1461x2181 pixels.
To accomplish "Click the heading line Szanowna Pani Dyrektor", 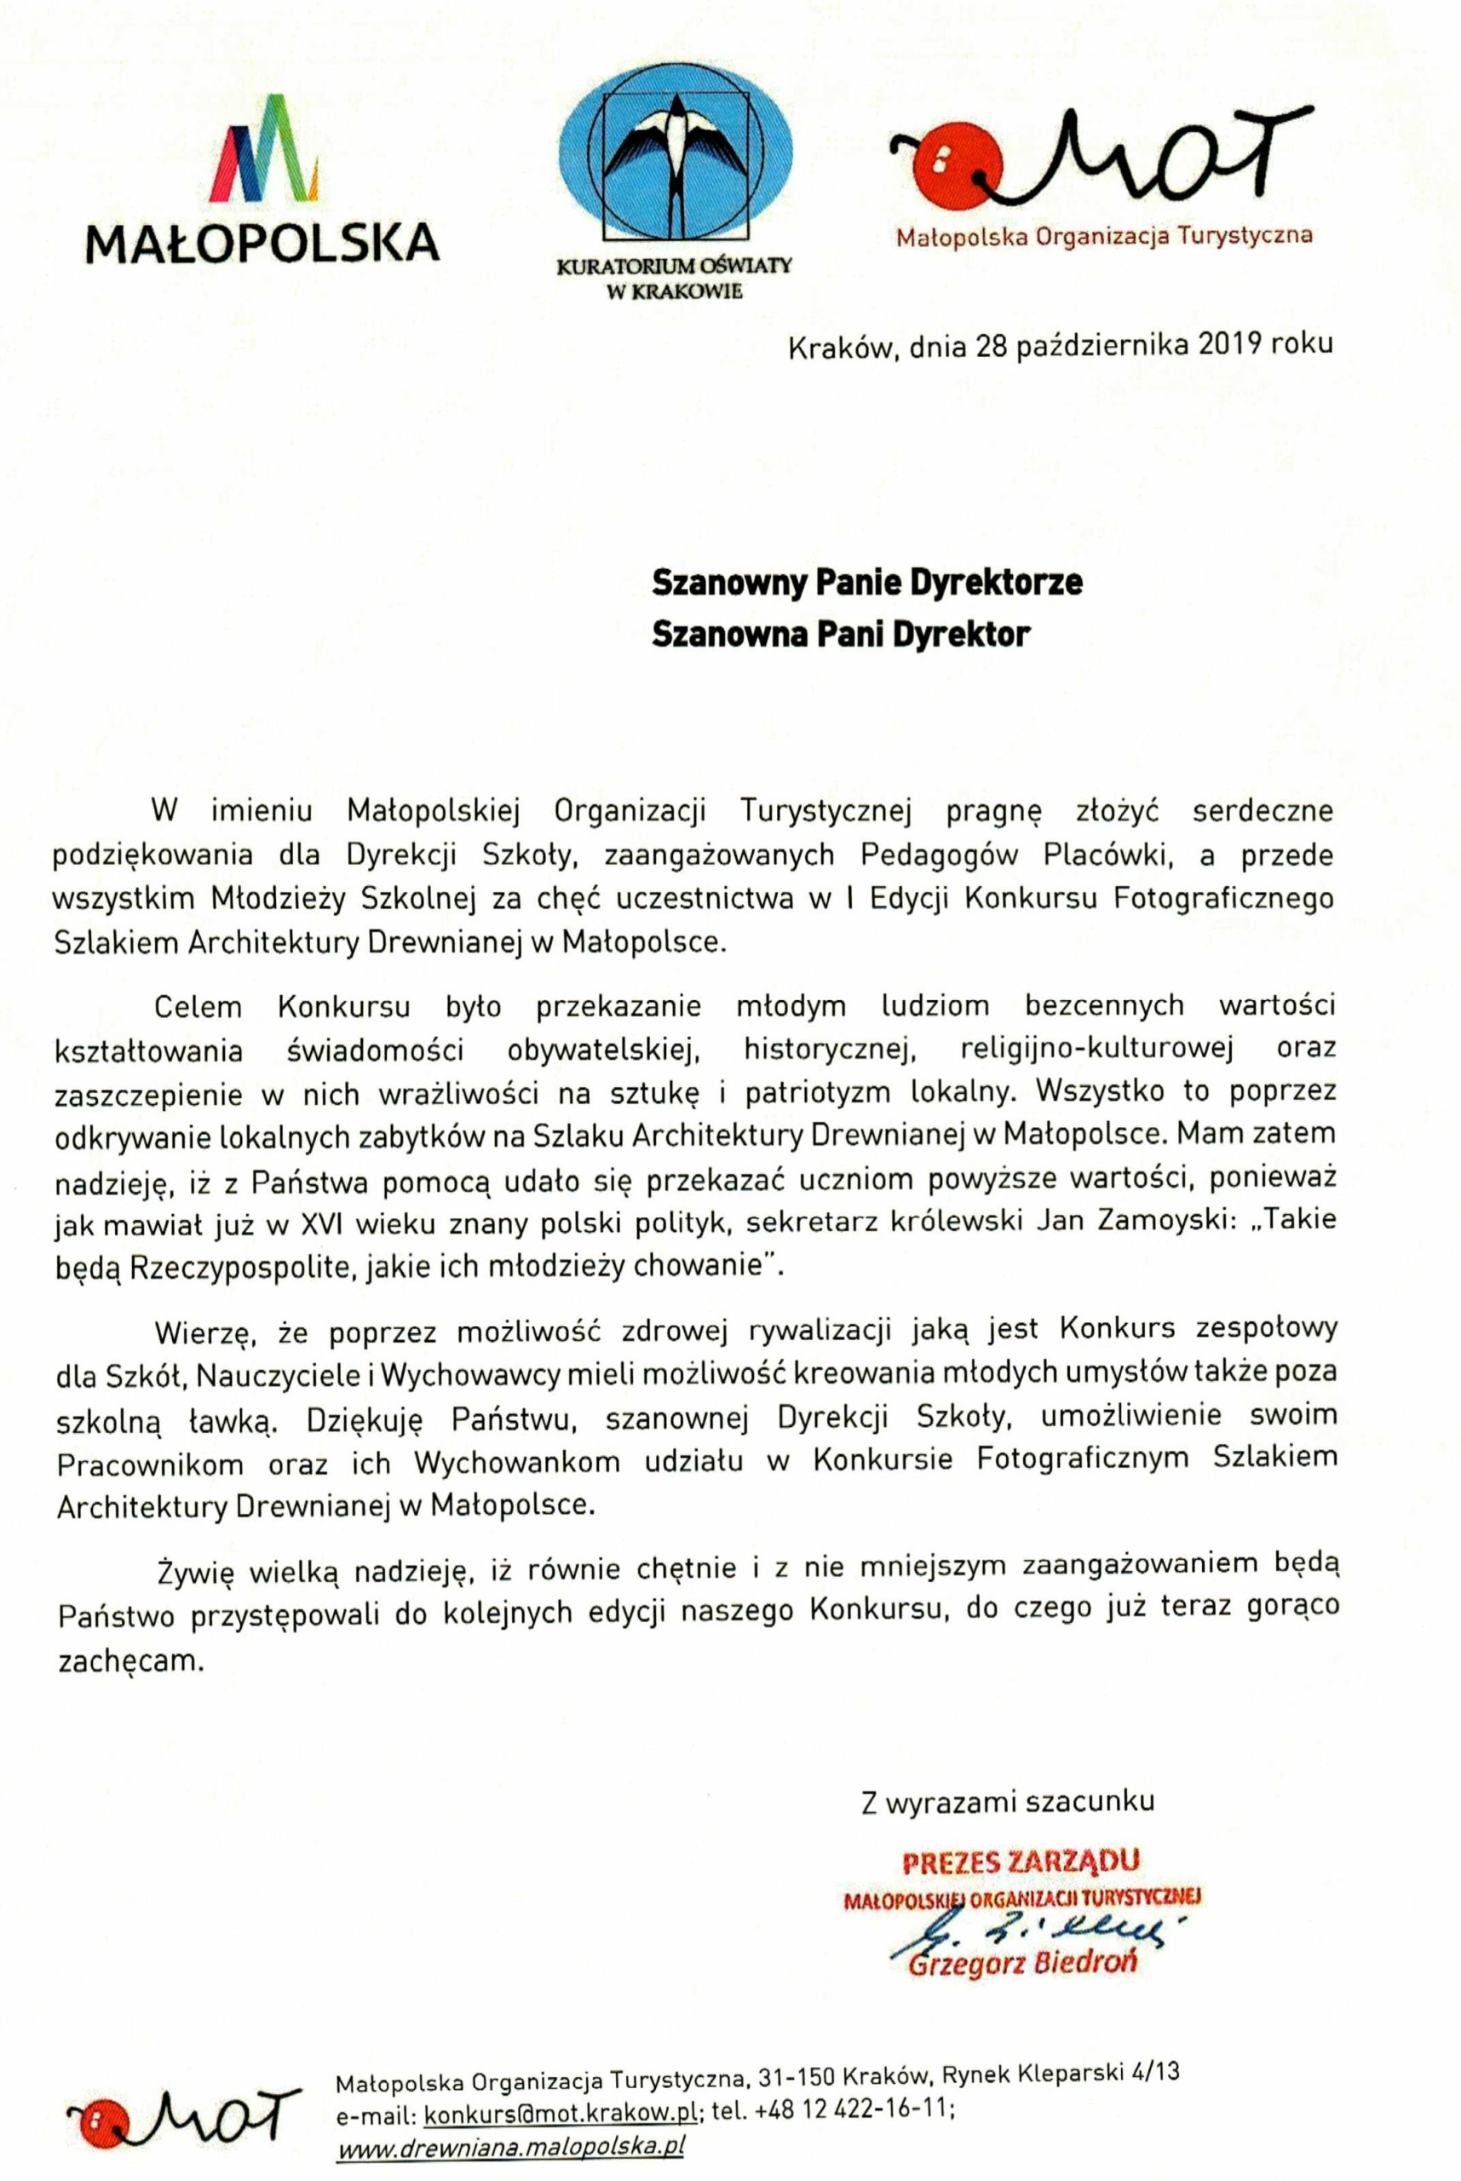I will [x=841, y=635].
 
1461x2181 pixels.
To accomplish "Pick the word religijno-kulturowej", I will [x=1097, y=1048].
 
